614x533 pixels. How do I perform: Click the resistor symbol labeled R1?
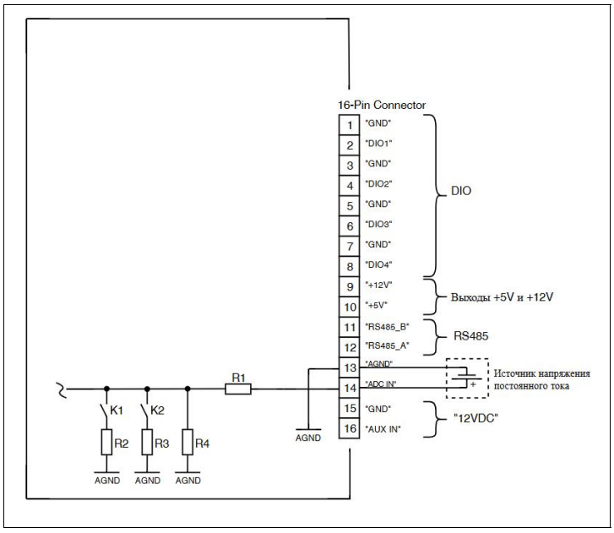(x=238, y=389)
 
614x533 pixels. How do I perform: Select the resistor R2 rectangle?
(x=106, y=442)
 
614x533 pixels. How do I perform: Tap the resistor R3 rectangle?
(x=147, y=442)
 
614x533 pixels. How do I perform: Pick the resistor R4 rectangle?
(x=187, y=442)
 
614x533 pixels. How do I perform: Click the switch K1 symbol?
(x=105, y=410)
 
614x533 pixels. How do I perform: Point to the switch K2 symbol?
(x=145, y=410)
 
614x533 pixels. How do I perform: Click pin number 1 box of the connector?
(x=350, y=125)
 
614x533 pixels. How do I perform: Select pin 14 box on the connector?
(x=350, y=388)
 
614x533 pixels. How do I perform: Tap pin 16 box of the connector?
(x=350, y=428)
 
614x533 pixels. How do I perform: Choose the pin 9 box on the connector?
(x=350, y=286)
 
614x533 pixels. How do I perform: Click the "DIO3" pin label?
(x=378, y=225)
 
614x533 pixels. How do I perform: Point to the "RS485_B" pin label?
(x=388, y=327)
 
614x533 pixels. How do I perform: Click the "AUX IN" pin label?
(x=383, y=429)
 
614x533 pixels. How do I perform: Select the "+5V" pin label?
(x=377, y=305)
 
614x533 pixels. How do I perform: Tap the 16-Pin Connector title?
(x=382, y=105)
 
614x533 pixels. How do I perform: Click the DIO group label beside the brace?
(x=461, y=191)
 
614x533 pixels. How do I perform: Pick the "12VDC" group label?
(x=475, y=418)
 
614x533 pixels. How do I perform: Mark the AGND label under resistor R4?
(x=188, y=481)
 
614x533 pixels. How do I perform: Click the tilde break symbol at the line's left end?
(x=62, y=389)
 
